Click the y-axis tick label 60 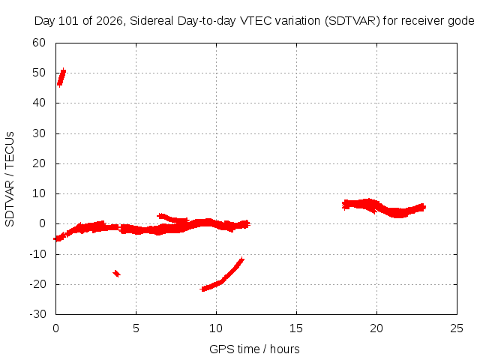tap(39, 43)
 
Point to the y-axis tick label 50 tap(39, 73)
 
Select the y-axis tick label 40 tap(39, 103)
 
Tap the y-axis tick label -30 tap(37, 314)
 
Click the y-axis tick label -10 tap(37, 253)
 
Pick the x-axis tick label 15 tap(296, 328)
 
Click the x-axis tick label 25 tap(457, 328)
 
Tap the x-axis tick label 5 tap(136, 328)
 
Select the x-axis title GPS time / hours tap(254, 349)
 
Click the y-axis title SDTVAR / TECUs tap(10, 179)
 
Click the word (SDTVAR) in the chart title tap(352, 21)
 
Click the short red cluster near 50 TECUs tap(61, 77)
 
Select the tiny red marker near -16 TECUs tap(117, 273)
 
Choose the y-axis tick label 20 tap(39, 163)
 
